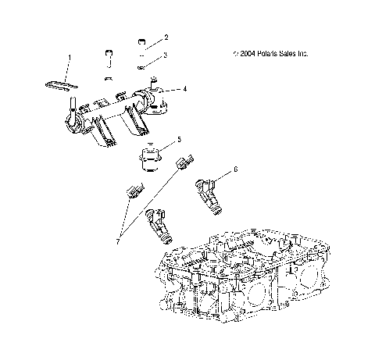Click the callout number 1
[69, 57]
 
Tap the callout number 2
[165, 37]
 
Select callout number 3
[165, 55]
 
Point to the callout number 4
[184, 89]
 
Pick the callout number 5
[179, 139]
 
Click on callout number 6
[236, 169]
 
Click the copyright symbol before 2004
[236, 54]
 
